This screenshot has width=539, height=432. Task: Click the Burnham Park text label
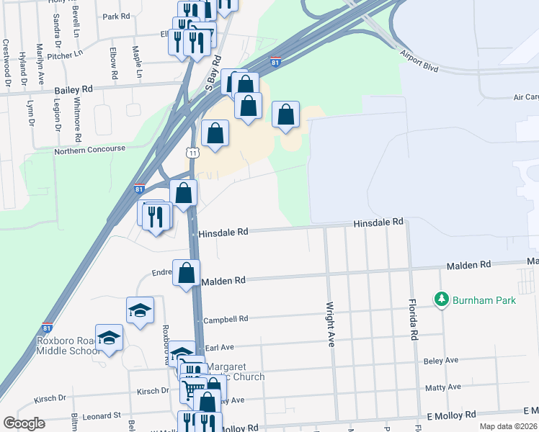484,300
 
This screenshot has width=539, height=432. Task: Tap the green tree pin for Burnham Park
441,299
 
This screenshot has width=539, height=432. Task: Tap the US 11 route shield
192,153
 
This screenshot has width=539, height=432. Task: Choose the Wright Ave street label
331,324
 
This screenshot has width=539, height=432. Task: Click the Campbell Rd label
226,319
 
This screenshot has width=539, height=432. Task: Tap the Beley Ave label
442,360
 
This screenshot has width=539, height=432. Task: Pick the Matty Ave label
443,387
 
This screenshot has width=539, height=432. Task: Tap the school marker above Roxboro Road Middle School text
109,338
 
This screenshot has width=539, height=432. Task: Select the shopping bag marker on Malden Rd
187,274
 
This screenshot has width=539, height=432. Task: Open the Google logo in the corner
24,423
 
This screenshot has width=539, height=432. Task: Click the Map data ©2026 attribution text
509,426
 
